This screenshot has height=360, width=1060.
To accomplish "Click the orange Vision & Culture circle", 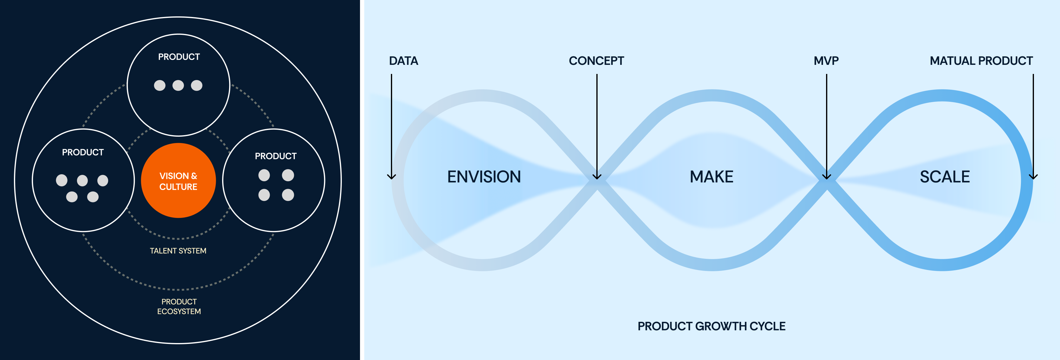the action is point(178,180).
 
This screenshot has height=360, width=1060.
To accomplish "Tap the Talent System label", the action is point(178,251).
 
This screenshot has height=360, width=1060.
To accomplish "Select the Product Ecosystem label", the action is point(179,306).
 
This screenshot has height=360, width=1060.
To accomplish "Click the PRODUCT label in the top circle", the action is point(179,57).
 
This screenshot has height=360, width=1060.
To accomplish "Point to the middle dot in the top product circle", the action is point(178,85).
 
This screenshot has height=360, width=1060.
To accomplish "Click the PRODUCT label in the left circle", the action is point(83,152).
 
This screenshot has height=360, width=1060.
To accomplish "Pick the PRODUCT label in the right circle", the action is point(276,156).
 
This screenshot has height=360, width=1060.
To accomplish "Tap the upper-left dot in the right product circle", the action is point(264,175).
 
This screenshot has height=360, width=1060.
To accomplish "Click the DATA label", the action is point(404,61).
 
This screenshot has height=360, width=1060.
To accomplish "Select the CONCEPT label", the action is point(596,61).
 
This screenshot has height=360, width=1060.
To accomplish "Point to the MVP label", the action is point(826,61).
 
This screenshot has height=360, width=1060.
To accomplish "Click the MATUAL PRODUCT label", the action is point(982,61).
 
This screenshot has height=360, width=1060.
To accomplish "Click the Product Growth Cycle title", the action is point(712,326).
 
